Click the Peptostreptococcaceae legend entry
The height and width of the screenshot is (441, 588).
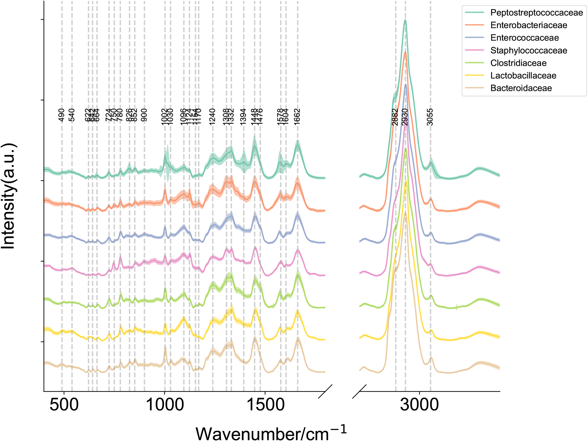tap(536, 12)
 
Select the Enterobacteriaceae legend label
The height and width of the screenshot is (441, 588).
tap(528, 25)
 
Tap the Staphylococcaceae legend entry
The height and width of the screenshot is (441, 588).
tap(528, 51)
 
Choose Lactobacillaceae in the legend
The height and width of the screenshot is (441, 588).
tap(523, 76)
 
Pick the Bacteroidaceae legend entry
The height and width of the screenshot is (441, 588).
tap(521, 88)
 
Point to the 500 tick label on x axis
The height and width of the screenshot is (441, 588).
tap(64, 405)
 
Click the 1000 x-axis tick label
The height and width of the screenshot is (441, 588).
tap(165, 405)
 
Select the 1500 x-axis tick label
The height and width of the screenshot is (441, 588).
tap(266, 405)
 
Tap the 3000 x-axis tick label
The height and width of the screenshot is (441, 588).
tap(419, 405)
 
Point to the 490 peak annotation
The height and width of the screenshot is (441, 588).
tap(61, 115)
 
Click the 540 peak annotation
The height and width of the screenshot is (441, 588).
tap(72, 115)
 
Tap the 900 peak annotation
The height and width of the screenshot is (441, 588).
tap(144, 115)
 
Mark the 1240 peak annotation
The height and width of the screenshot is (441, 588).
tap(212, 117)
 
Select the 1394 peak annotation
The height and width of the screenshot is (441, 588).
tap(243, 117)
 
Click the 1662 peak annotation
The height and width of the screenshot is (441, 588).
tap(297, 117)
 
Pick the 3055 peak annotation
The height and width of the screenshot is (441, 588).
tap(430, 117)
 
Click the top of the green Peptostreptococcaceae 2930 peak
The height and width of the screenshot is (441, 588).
tap(405, 20)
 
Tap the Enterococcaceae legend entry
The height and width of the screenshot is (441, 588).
tap(524, 38)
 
